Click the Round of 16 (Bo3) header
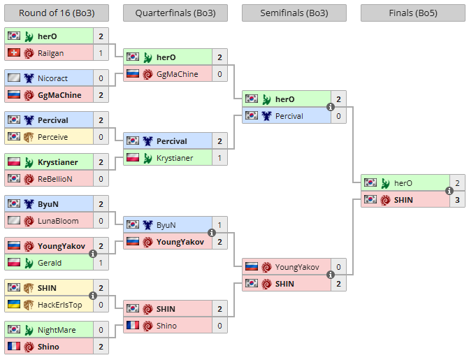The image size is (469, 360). click(x=57, y=13)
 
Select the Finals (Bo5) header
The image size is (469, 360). click(x=413, y=13)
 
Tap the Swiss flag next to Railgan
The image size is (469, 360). click(x=14, y=53)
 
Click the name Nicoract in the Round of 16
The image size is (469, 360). click(x=52, y=78)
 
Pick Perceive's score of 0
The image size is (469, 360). click(x=101, y=137)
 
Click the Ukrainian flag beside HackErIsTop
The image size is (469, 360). click(x=14, y=304)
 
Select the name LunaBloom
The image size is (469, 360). click(x=58, y=221)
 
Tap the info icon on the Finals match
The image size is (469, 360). click(x=449, y=191)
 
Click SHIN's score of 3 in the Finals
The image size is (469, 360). click(x=457, y=200)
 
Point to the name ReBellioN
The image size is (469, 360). click(x=55, y=179)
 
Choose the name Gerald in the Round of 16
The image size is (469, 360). click(x=50, y=263)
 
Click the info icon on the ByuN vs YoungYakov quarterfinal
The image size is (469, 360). click(x=212, y=233)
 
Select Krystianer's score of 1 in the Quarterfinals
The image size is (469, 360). click(x=219, y=158)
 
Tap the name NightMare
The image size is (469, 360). click(x=57, y=330)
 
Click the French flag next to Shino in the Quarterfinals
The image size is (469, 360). click(x=133, y=325)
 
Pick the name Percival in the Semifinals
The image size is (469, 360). click(x=289, y=116)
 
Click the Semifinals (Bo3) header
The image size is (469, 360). click(x=294, y=13)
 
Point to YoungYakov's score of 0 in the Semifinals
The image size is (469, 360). click(x=338, y=267)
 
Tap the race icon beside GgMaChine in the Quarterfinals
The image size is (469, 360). click(x=147, y=74)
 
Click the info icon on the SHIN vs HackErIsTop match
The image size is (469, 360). click(x=93, y=296)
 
